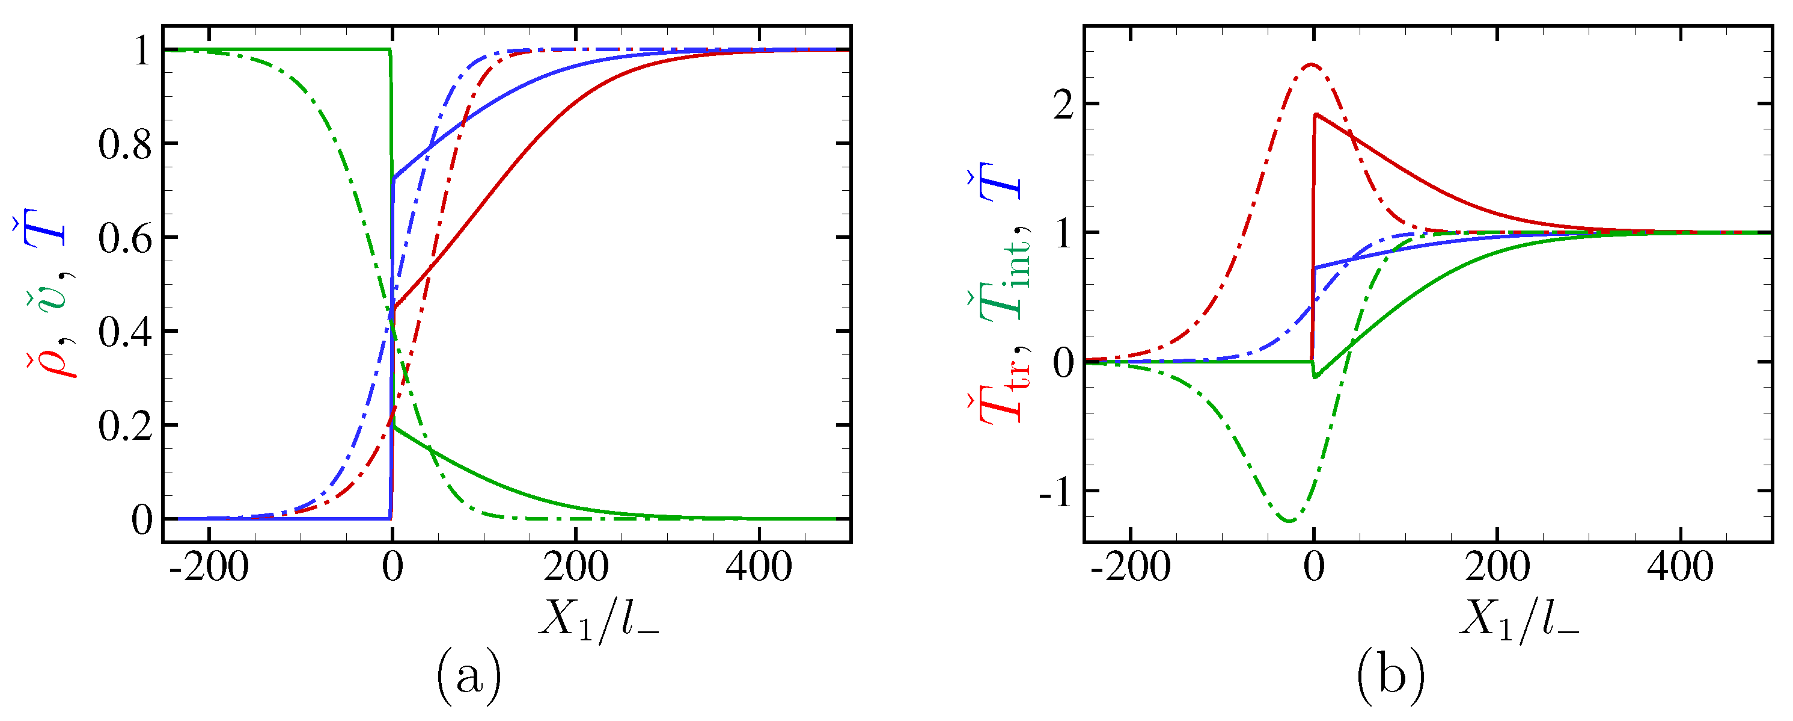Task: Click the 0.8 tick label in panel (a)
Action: [124, 145]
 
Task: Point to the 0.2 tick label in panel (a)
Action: [124, 426]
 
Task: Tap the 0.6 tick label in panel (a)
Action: [124, 239]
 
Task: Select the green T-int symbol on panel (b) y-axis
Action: [1004, 279]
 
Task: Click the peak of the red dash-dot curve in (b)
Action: [1312, 65]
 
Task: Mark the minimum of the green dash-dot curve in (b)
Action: [1290, 521]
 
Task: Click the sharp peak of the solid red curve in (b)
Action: [1316, 114]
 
